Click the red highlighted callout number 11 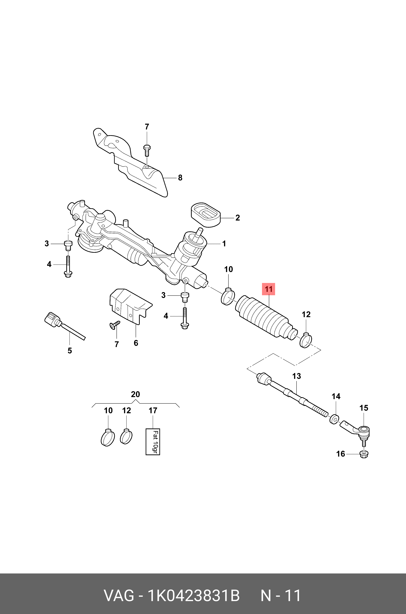pyautogui.click(x=269, y=289)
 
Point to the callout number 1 pyautogui.click(x=224, y=244)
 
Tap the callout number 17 pyautogui.click(x=153, y=410)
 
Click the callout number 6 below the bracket pyautogui.click(x=136, y=343)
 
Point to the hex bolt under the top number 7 pyautogui.click(x=147, y=150)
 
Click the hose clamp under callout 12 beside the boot pyautogui.click(x=306, y=341)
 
